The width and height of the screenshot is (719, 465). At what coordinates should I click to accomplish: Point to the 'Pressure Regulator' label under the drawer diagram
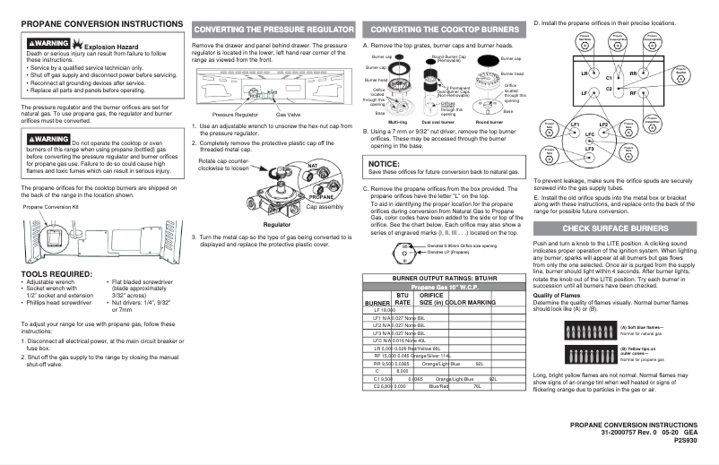coord(235,116)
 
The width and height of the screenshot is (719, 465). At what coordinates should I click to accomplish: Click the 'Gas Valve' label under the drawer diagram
coord(288,116)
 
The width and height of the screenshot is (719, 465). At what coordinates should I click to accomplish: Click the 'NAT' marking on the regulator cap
coord(313,167)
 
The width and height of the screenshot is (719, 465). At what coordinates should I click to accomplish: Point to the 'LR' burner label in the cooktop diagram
coord(585,73)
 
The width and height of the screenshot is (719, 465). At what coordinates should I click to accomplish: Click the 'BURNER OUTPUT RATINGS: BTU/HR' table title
coord(434,279)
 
